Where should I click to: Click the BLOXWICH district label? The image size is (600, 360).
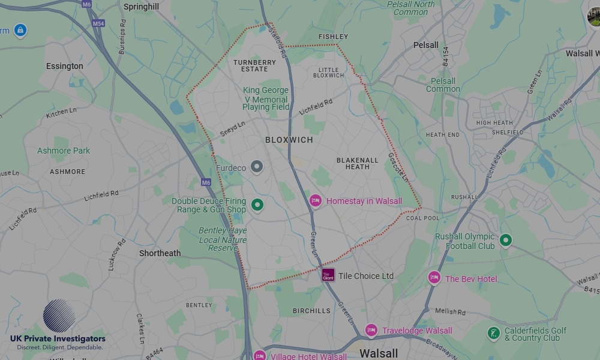[289, 140]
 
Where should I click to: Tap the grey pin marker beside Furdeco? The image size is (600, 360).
[257, 167]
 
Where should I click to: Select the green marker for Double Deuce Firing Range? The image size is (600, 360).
[257, 205]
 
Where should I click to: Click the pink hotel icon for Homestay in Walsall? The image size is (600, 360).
[316, 201]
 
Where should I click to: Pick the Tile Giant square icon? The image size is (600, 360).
[328, 275]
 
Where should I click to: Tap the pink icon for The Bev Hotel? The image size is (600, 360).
[434, 278]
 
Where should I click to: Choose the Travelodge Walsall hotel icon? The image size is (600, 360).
[371, 330]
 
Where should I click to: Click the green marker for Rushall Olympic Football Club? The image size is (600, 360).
[506, 241]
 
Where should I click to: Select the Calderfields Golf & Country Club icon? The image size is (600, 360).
[494, 334]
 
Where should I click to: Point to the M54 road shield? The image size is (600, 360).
[98, 23]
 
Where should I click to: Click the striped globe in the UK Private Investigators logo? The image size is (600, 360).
[59, 316]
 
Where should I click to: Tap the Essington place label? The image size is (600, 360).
[65, 66]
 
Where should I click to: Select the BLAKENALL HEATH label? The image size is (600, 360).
[358, 163]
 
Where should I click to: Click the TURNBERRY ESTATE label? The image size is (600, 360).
[254, 65]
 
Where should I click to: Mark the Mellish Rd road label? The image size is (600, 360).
[451, 312]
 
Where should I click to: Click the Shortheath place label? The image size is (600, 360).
[160, 253]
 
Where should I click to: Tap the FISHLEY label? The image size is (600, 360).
[333, 37]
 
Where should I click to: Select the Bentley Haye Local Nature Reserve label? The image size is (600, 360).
[223, 239]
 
